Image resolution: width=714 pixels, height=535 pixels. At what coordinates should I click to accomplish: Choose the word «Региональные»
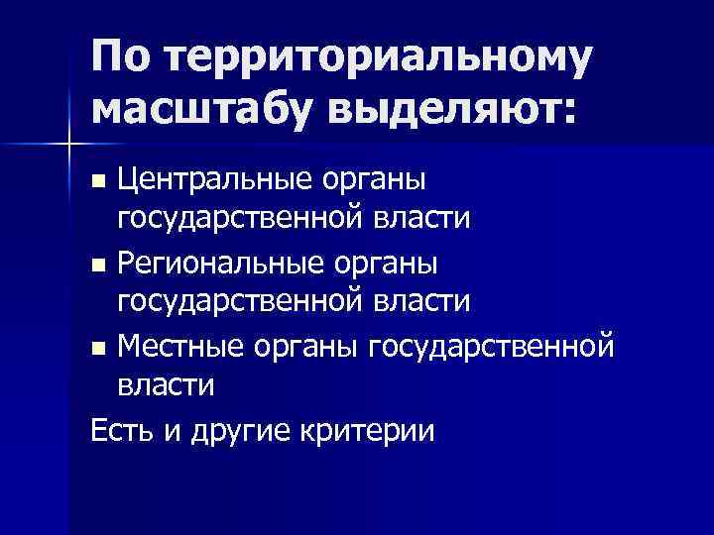220,264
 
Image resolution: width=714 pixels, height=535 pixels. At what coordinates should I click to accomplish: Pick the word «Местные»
178,348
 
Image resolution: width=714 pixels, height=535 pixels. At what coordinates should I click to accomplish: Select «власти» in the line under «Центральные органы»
426,221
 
